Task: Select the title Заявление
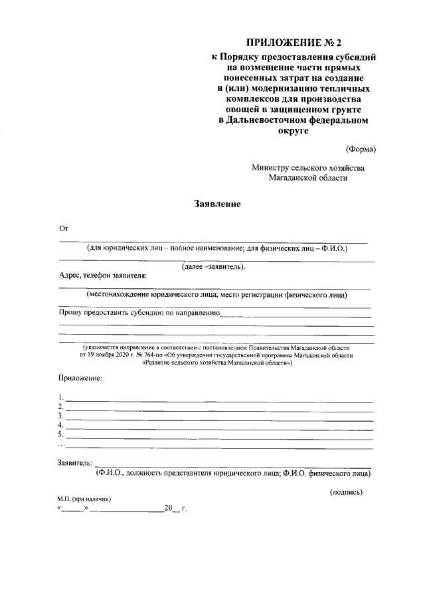(x=217, y=204)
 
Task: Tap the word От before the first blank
(x=64, y=228)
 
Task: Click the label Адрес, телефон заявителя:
(x=103, y=276)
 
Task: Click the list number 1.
(x=60, y=397)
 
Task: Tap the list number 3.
(x=60, y=416)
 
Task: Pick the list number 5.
(x=60, y=434)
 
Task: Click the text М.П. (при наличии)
(x=84, y=499)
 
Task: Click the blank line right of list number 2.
(x=219, y=406)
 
